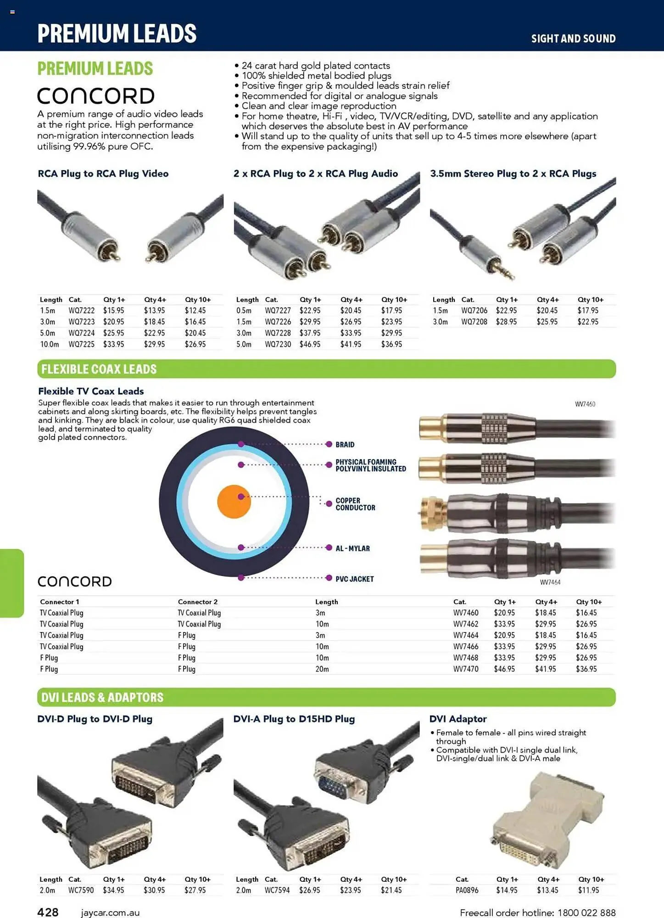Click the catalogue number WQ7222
[82, 311]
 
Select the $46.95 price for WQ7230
[310, 344]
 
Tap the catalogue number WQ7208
[474, 322]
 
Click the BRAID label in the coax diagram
[345, 445]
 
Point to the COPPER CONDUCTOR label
[355, 504]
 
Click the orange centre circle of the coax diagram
[234, 502]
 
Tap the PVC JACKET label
[354, 579]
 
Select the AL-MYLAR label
[352, 549]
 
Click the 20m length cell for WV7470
[322, 669]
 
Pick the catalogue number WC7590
[81, 890]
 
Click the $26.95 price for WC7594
[310, 890]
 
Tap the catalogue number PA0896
[467, 890]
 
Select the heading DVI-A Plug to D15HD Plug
[294, 719]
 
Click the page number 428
[48, 912]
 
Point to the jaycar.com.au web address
[110, 913]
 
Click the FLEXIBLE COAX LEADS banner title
[99, 369]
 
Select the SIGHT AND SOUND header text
[573, 39]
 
